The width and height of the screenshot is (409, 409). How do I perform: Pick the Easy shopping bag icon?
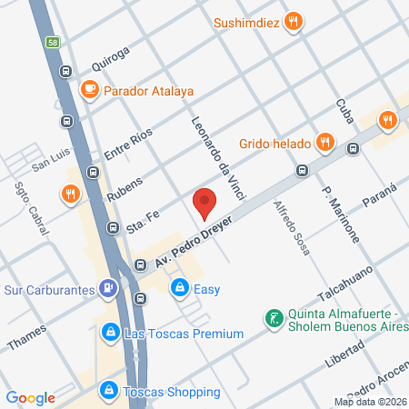tap(180, 289)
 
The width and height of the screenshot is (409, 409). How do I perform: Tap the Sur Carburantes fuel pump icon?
tap(108, 289)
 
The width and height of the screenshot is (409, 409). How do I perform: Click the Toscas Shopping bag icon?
tap(109, 391)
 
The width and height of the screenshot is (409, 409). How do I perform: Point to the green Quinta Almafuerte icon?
tap(271, 318)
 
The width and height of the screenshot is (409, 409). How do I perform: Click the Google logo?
tap(30, 397)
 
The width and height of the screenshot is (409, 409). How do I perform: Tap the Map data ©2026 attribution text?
tap(368, 401)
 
